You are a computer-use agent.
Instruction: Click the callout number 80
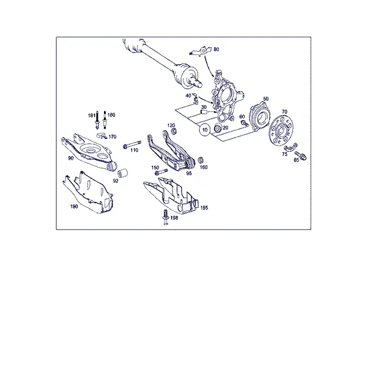point(217,49)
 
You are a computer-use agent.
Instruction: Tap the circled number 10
point(205,130)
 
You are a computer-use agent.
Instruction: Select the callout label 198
point(174,218)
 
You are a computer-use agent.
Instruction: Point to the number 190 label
point(74,207)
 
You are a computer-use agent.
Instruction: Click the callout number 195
point(204,207)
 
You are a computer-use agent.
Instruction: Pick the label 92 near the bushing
point(116,180)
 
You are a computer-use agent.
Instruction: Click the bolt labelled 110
point(132,144)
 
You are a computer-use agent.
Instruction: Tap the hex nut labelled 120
point(174,132)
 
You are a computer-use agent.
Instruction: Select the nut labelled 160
point(201,160)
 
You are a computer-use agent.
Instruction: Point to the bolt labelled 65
point(300,155)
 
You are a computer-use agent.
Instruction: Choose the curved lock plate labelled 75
point(291,147)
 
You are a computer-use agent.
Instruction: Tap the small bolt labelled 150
point(161,172)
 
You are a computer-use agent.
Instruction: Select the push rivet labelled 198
point(166,217)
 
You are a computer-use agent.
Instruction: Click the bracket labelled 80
point(201,51)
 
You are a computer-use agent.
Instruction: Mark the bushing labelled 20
point(218,128)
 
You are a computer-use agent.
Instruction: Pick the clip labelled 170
point(102,135)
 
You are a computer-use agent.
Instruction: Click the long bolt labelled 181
point(97,120)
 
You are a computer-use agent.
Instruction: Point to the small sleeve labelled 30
point(204,113)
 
